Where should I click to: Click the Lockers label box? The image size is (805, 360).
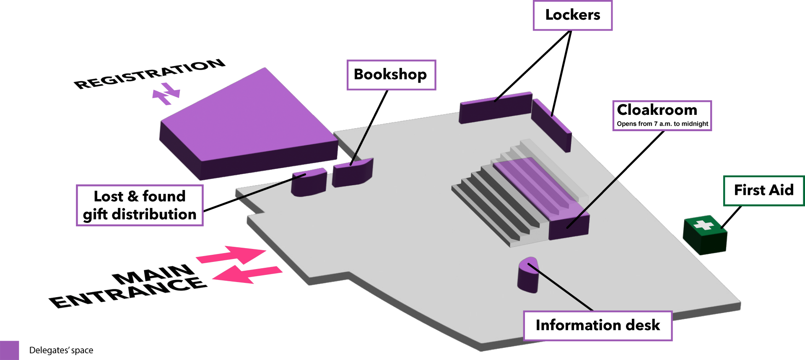[x=572, y=16]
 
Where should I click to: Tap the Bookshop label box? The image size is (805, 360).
[x=391, y=75]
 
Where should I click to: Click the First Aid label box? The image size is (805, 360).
[x=763, y=191]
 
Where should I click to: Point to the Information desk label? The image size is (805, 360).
[x=597, y=326]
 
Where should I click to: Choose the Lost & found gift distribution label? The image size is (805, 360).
[x=140, y=205]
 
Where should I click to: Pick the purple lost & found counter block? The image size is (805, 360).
[x=309, y=182]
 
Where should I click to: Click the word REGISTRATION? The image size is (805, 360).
[x=150, y=74]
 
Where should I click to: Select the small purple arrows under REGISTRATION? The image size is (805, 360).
[x=166, y=94]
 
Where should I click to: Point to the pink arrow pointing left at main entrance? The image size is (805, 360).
[x=247, y=274]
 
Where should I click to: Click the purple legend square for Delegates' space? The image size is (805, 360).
[x=9, y=350]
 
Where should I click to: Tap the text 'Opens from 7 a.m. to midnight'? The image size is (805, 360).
[x=662, y=124]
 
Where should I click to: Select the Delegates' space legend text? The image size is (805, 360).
[x=61, y=350]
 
